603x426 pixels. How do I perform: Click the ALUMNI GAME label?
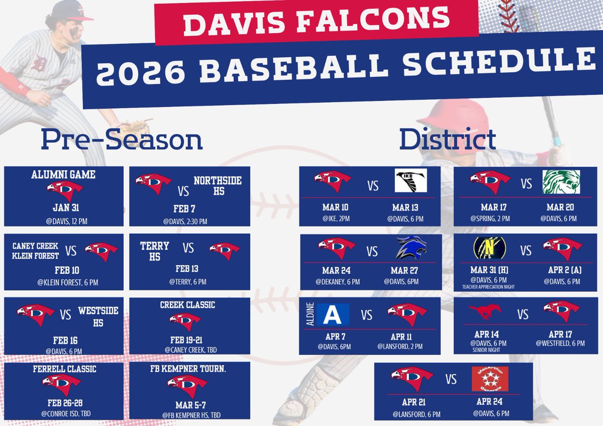[63, 175]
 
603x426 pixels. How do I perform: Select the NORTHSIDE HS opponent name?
[218, 186]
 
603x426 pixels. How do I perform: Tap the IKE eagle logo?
[410, 180]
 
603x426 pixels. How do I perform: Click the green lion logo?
[561, 182]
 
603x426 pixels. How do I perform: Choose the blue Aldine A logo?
[332, 314]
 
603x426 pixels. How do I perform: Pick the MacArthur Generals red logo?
[489, 378]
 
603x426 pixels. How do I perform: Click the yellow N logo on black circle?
[489, 248]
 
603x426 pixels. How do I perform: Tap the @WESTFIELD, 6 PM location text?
[563, 343]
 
